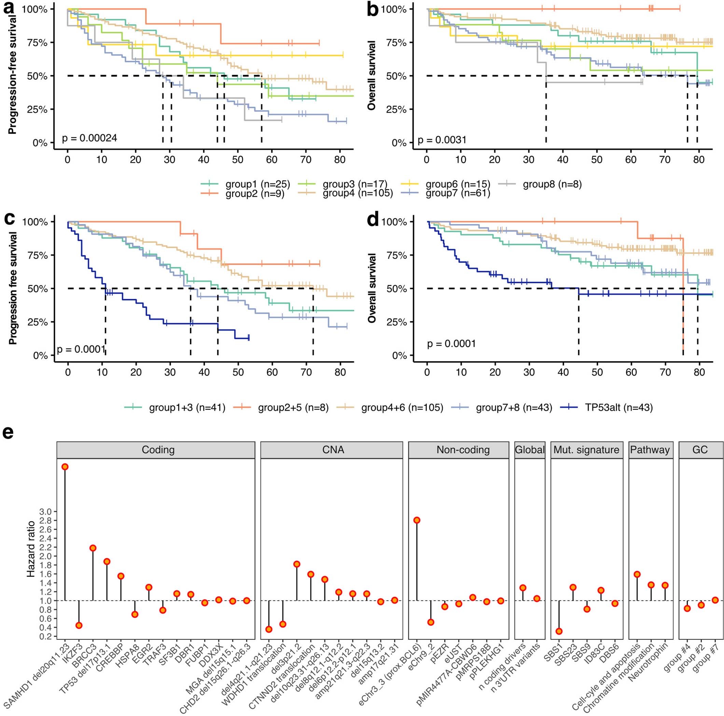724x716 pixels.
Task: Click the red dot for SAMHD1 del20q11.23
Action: click(x=65, y=467)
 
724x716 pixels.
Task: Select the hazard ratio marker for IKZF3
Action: click(x=79, y=625)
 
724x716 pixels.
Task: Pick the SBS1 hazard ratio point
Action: click(x=559, y=631)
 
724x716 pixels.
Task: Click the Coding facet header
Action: click(x=158, y=450)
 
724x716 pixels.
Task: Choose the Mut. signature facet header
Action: click(x=586, y=450)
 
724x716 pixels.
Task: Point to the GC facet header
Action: click(x=700, y=450)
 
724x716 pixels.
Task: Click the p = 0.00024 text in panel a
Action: click(x=89, y=138)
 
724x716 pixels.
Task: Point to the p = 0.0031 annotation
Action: click(x=442, y=140)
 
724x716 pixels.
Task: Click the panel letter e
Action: click(x=8, y=432)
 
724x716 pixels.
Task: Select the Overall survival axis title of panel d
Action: click(x=372, y=288)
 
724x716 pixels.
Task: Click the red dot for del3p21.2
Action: click(x=297, y=564)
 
